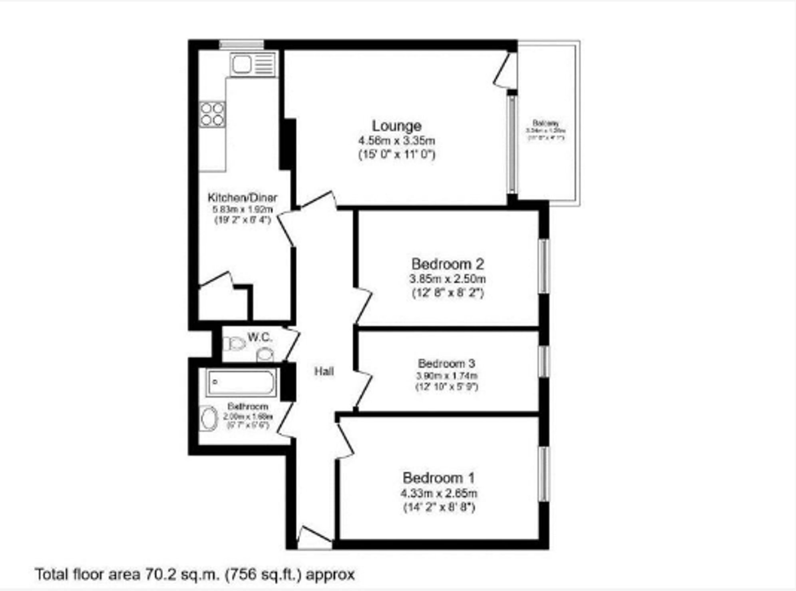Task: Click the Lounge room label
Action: [x=396, y=126]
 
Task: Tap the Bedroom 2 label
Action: [x=448, y=264]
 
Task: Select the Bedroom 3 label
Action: [x=446, y=363]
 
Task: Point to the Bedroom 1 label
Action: [x=438, y=478]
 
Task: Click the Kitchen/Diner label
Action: [x=242, y=197]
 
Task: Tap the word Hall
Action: [x=324, y=372]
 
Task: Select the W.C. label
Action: [x=260, y=337]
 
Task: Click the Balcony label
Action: [x=545, y=123]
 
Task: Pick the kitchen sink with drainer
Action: [x=253, y=64]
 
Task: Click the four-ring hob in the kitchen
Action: [x=212, y=114]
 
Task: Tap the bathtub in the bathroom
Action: [x=241, y=383]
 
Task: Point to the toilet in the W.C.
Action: [x=235, y=344]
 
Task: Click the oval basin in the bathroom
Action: [x=208, y=418]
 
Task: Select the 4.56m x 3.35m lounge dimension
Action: [x=396, y=141]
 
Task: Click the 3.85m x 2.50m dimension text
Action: [x=448, y=279]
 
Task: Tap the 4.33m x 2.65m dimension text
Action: [x=438, y=493]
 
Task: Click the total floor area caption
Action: [x=195, y=575]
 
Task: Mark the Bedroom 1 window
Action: [x=544, y=474]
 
